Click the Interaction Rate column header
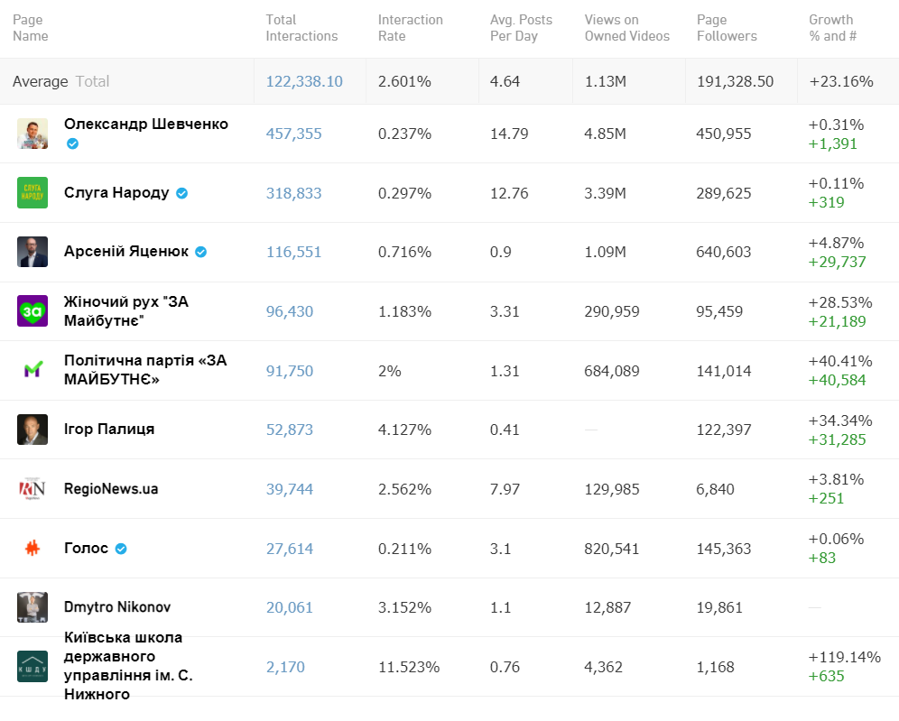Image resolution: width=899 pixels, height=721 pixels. tap(410, 28)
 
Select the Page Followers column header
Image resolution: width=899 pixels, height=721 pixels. tap(727, 28)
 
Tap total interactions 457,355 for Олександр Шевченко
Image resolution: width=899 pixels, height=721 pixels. tap(293, 134)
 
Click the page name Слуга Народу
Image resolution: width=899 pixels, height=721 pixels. tap(116, 192)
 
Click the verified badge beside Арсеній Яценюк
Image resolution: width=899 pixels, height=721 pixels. tap(201, 252)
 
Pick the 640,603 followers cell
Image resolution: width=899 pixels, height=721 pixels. tap(723, 252)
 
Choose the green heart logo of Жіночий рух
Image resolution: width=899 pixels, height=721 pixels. tap(32, 310)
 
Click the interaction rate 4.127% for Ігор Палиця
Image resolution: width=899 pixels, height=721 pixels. tap(404, 430)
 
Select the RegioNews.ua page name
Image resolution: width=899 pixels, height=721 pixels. tap(111, 488)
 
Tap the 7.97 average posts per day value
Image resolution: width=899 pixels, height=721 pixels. tap(505, 489)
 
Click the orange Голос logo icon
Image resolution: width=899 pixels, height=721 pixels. tap(32, 548)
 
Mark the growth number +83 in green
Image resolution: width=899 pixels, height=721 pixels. tap(822, 558)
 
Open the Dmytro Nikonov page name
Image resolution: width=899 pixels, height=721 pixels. tap(117, 607)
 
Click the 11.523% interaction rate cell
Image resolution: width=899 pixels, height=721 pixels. tap(408, 667)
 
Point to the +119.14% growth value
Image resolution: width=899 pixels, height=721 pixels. tap(844, 657)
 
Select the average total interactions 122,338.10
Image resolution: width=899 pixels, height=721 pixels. tap(304, 81)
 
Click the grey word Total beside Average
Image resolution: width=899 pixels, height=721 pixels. tap(92, 81)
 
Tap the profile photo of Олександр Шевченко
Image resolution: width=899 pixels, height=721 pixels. tap(32, 134)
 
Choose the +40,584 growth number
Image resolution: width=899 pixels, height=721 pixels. tap(837, 380)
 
